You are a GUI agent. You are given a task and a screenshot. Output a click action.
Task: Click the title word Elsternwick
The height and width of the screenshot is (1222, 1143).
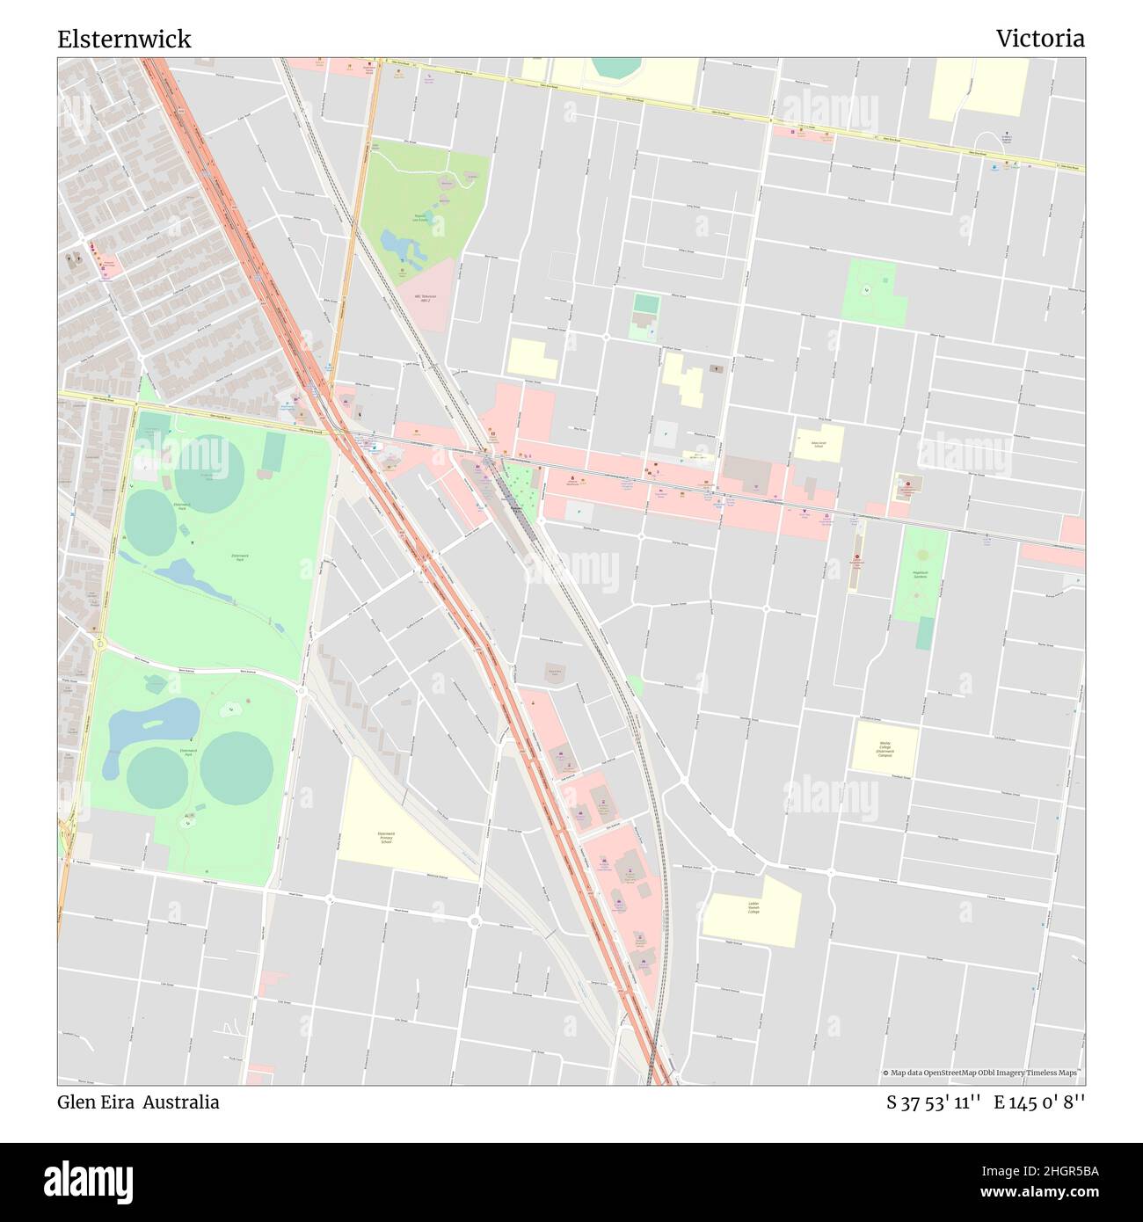(x=124, y=40)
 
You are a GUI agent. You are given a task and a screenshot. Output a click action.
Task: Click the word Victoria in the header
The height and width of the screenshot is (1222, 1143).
(x=1039, y=39)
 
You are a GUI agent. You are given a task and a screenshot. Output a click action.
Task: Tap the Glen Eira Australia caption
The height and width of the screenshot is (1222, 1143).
(x=138, y=1102)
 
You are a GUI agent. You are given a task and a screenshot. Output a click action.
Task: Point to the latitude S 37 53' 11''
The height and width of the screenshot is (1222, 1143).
(x=933, y=1102)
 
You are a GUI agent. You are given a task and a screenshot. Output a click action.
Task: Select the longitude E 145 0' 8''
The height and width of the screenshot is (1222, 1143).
(x=1040, y=1102)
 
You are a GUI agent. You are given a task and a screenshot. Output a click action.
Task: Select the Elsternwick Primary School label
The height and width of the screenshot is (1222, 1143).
(x=386, y=837)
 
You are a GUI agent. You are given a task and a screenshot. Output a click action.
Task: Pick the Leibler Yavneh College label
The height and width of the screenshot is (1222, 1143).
(x=753, y=907)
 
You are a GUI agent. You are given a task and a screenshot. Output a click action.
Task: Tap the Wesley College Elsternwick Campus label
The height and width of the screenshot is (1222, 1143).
(x=884, y=748)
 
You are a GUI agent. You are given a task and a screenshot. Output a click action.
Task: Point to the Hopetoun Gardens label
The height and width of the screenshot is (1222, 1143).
(x=921, y=574)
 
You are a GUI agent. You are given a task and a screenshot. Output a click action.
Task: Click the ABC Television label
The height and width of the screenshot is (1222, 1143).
(x=426, y=299)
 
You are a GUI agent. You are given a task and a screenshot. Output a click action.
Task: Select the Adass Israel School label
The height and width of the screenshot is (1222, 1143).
(x=818, y=444)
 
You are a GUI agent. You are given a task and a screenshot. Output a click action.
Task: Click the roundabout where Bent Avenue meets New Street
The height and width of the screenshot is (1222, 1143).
(x=301, y=693)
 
